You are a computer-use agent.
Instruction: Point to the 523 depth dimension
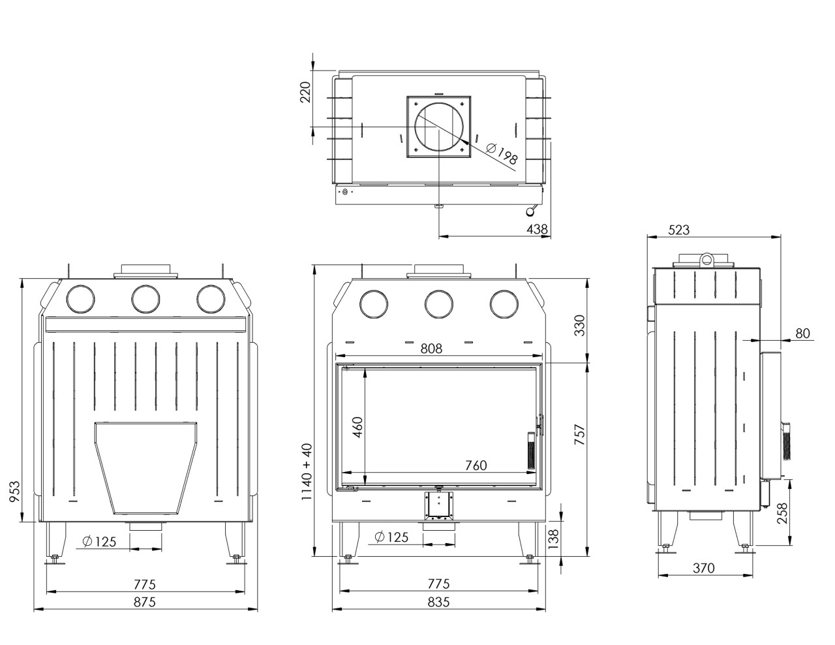tap(679, 230)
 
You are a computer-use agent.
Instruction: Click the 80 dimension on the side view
tap(802, 333)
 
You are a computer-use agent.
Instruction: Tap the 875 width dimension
tap(144, 602)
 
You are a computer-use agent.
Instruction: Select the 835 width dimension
tap(438, 602)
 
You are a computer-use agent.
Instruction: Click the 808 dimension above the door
tap(431, 349)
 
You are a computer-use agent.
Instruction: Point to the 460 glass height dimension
tap(357, 429)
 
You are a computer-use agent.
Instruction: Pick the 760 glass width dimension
tap(476, 465)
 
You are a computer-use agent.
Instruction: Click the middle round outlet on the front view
tap(438, 302)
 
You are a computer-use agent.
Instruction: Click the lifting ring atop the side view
tap(707, 259)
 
